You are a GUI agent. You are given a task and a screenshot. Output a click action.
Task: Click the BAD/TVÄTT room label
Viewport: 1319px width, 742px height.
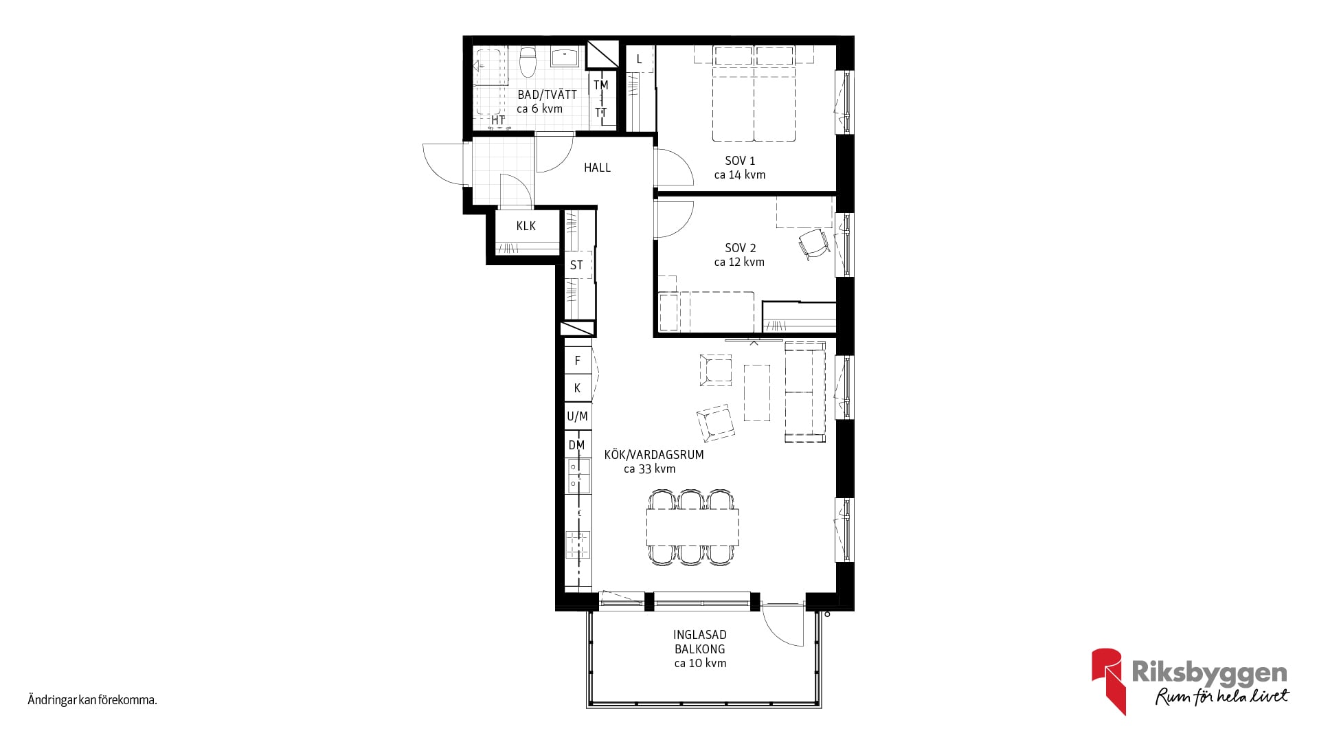547,94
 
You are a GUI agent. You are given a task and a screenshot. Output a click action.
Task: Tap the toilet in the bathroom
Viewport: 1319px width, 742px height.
528,61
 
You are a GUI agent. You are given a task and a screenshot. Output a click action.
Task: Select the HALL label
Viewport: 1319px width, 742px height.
597,167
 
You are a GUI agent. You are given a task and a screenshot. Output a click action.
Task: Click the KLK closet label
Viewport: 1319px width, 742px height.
526,225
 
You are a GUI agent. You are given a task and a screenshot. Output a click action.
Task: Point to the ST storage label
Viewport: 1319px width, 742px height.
576,265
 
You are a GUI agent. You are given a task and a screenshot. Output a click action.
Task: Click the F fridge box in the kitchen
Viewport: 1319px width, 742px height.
578,360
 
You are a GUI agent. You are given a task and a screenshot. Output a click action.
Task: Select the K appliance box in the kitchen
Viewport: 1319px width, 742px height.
578,388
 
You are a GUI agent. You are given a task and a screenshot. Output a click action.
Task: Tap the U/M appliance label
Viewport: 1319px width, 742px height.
577,416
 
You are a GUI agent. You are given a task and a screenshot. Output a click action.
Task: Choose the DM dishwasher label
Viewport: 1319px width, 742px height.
576,445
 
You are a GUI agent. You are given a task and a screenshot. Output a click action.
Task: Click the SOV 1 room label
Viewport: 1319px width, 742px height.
740,160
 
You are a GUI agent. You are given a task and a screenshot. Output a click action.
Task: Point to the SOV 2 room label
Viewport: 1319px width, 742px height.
740,247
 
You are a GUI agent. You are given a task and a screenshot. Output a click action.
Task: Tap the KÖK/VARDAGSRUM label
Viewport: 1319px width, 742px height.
654,454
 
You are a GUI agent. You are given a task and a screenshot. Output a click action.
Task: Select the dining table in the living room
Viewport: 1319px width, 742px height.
692,527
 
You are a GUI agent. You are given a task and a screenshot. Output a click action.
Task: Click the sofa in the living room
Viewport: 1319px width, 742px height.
804,392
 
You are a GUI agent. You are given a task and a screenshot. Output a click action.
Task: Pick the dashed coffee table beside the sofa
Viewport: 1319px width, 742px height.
756,392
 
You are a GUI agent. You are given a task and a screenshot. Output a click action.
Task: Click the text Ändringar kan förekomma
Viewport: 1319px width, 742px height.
93,700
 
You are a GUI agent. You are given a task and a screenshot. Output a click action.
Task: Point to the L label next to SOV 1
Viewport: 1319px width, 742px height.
639,59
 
